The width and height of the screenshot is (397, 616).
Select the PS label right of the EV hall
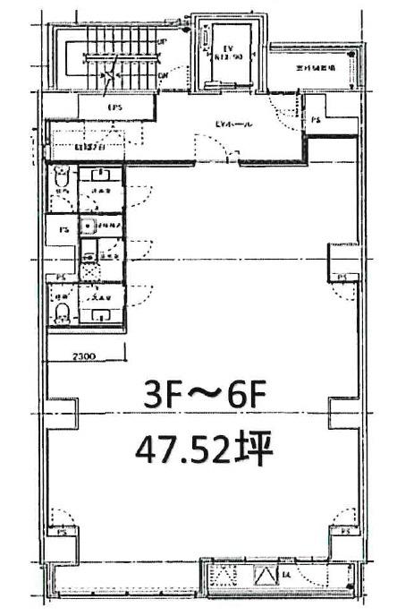tap(316, 121)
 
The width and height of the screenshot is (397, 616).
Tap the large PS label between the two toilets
tap(62, 229)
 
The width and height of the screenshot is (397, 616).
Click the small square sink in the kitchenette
tap(89, 227)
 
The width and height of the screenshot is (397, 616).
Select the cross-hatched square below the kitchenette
tap(89, 266)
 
